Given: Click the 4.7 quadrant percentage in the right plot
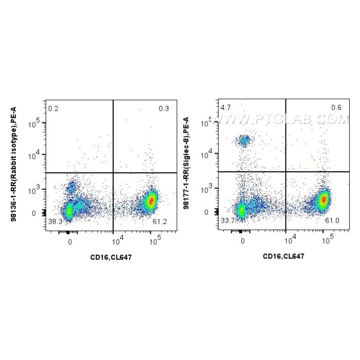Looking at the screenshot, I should pyautogui.click(x=225, y=108).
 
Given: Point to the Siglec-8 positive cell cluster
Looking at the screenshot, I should pyautogui.click(x=244, y=139).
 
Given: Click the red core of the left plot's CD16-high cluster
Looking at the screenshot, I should pyautogui.click(x=151, y=201).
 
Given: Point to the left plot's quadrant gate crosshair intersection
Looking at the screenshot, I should pyautogui.click(x=113, y=173).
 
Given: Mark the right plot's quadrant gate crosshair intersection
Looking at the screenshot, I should pyautogui.click(x=286, y=172).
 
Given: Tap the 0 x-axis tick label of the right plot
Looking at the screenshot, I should pyautogui.click(x=242, y=240).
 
